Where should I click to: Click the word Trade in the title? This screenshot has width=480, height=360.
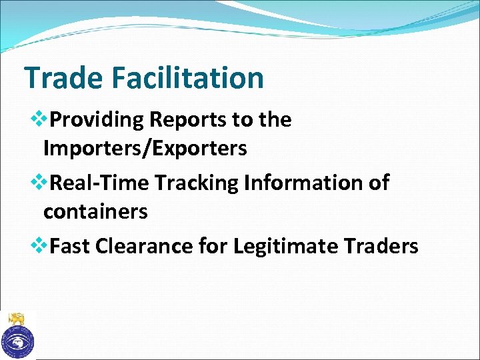click(63, 78)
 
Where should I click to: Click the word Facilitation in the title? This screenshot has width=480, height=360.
click(188, 78)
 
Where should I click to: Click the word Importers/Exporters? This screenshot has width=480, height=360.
click(145, 149)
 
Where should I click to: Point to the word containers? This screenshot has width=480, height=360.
click(95, 212)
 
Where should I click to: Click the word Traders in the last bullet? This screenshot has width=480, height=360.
click(381, 246)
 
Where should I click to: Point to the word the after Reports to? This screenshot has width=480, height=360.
click(275, 120)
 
